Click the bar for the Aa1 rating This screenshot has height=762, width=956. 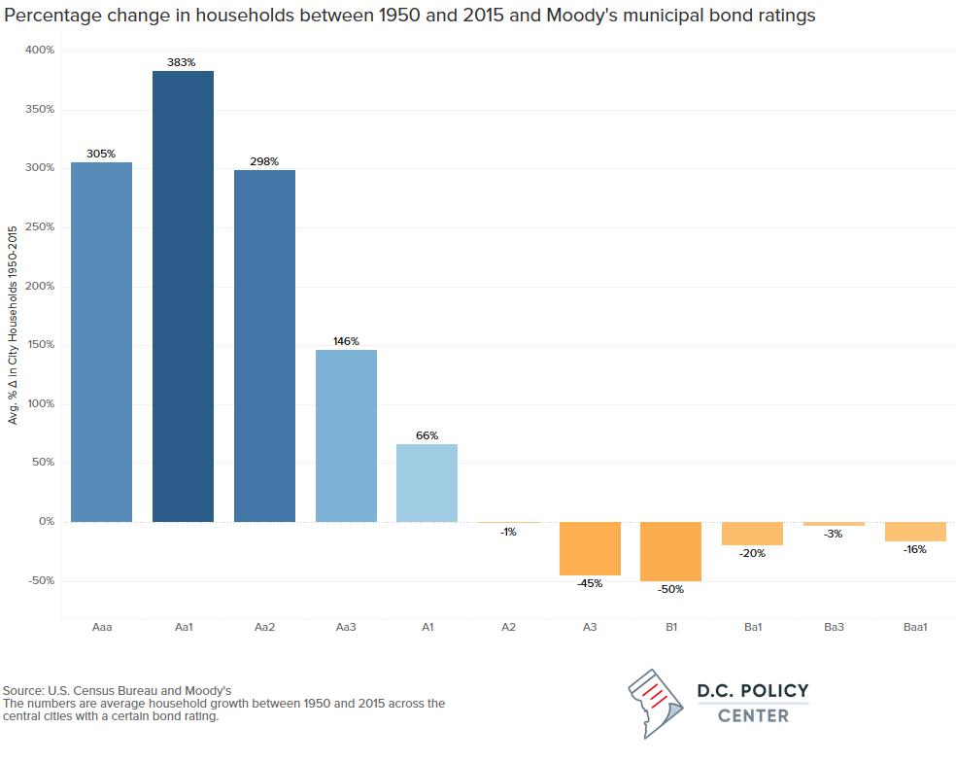click(183, 296)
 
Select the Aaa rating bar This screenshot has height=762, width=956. click(101, 342)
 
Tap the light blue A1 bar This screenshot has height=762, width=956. click(427, 483)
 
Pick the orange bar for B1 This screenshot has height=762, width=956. click(670, 551)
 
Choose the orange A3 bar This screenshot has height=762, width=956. click(590, 548)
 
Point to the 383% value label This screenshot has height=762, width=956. click(183, 62)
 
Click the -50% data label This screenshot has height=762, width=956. click(670, 589)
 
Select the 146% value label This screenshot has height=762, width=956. click(346, 341)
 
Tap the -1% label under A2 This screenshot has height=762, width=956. click(508, 532)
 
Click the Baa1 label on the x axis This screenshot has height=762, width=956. click(915, 627)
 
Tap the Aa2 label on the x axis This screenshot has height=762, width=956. click(264, 627)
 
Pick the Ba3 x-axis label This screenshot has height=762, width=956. click(834, 627)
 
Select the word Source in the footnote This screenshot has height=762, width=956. click(23, 690)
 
